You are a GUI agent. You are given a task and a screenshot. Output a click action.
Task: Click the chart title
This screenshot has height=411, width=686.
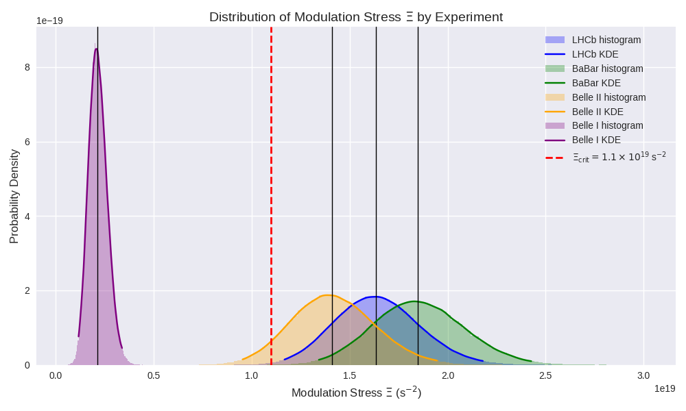click(x=356, y=17)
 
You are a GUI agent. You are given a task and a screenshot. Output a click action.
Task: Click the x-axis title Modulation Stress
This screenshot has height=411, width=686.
click(x=356, y=393)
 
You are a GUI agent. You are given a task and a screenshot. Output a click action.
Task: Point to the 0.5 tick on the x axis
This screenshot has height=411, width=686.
click(x=154, y=375)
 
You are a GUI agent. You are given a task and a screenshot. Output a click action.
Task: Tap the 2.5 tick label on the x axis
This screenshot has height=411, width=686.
click(x=545, y=375)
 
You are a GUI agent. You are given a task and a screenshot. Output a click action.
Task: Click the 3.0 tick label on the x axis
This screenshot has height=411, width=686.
click(x=643, y=375)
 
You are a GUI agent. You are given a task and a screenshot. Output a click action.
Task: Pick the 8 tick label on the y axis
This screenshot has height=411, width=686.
click(x=27, y=67)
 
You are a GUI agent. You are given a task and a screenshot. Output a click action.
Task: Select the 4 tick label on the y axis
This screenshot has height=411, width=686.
click(x=27, y=216)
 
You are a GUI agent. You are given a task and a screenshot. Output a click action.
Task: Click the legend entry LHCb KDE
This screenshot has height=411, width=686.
click(x=595, y=54)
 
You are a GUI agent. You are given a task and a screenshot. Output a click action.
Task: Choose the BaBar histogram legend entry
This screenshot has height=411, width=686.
click(x=607, y=68)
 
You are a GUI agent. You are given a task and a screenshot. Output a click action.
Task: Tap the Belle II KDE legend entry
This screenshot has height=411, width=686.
click(x=598, y=112)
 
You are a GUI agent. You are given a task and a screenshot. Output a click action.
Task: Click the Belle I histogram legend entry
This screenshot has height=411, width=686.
click(x=607, y=125)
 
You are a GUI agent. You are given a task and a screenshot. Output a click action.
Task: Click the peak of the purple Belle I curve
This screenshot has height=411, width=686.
click(x=96, y=49)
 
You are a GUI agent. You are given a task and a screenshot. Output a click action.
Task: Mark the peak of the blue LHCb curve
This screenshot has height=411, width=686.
click(x=374, y=297)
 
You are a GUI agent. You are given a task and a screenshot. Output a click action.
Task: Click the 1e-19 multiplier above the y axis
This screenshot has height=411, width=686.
click(x=49, y=21)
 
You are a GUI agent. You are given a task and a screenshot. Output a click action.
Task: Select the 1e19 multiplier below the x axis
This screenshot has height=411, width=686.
click(x=664, y=388)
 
